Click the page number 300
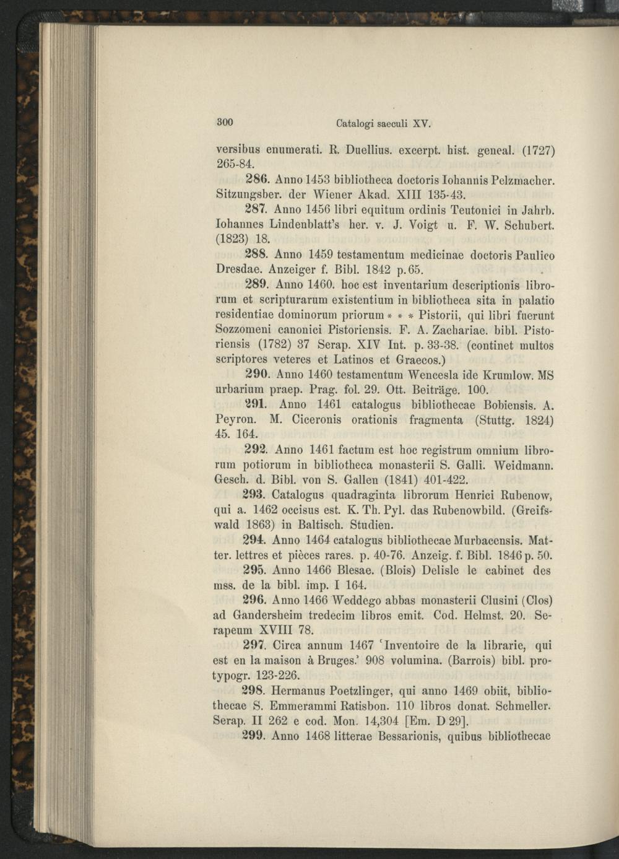click(x=224, y=121)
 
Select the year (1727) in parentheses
click(x=538, y=150)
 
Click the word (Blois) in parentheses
click(x=400, y=570)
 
